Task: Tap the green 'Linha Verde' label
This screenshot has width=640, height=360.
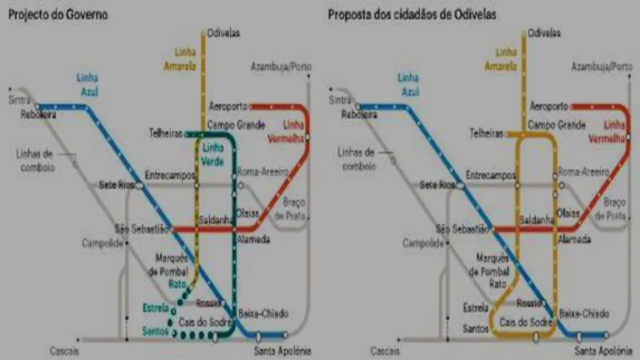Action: coord(212,155)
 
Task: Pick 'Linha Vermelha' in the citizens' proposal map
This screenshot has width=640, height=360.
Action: coord(614,131)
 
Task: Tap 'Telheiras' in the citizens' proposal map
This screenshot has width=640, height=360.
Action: coord(487,133)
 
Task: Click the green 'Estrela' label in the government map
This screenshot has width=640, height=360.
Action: coord(155,308)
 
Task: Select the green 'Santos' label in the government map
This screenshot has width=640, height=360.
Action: coord(155,331)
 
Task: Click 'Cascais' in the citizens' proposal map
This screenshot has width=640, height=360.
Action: coord(384,350)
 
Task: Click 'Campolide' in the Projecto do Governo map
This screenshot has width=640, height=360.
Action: coord(102,243)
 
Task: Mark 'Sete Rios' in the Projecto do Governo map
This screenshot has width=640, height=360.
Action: coord(117,184)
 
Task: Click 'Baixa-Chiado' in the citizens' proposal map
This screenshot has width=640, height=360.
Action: coord(584,313)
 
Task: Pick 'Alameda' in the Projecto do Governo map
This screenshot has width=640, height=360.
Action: coord(254,240)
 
